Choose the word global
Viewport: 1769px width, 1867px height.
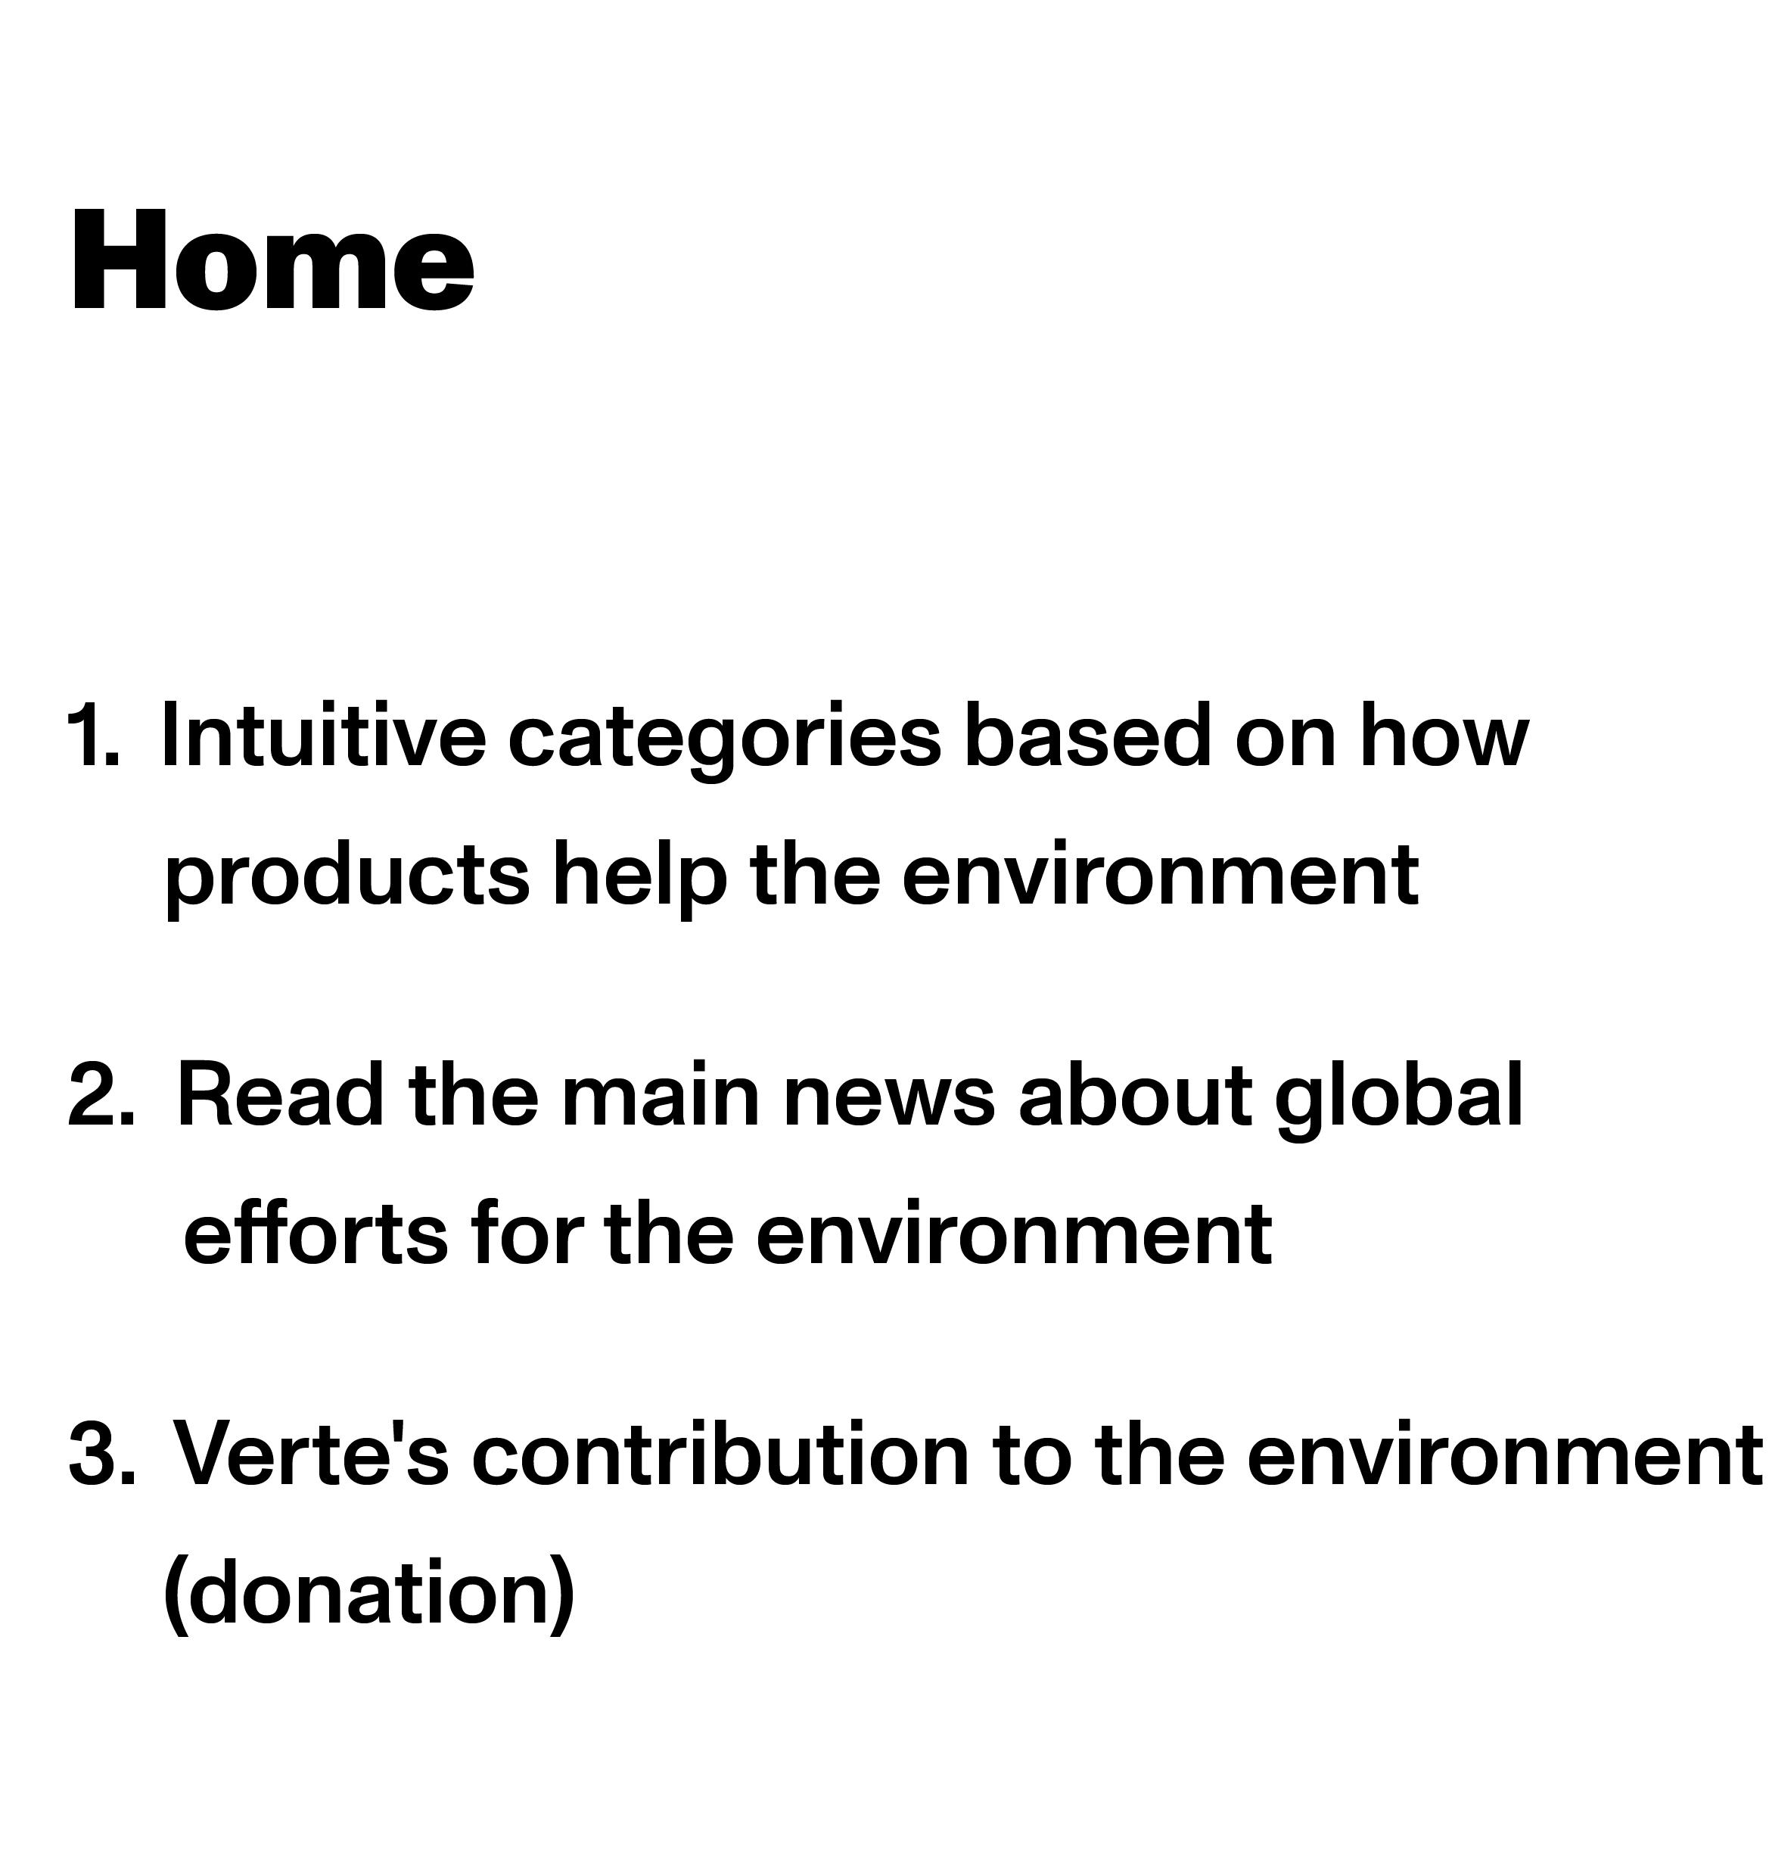coord(1399,1100)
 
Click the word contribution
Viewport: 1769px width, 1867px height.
coord(720,1454)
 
